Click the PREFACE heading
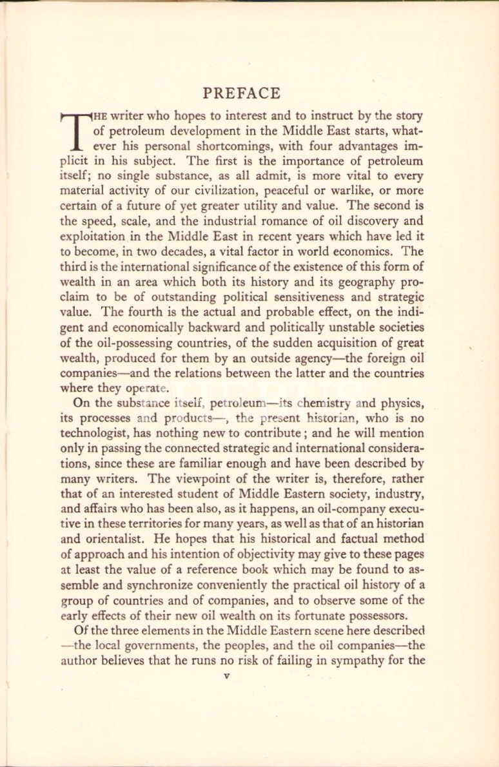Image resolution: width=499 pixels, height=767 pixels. click(x=242, y=93)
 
